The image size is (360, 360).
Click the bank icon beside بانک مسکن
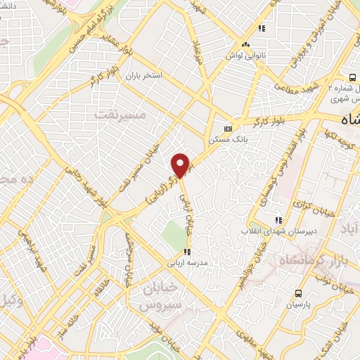pos(226,129)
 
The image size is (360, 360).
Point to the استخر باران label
pos(144,74)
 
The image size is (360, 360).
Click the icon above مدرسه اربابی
pos(187,251)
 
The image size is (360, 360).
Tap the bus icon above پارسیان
pos(299,293)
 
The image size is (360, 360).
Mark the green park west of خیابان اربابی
pos(172,234)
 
